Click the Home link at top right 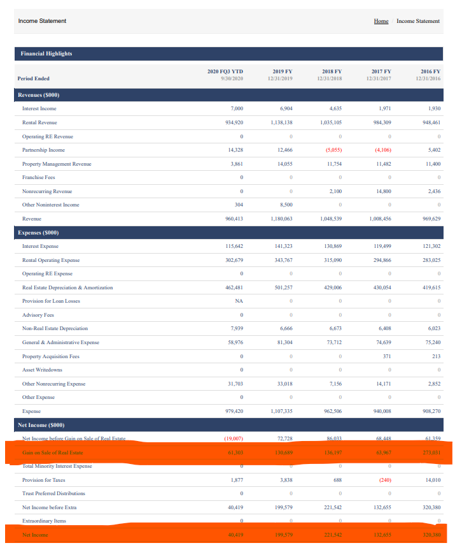pos(381,21)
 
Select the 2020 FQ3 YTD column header pos(225,75)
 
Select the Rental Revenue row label pos(39,122)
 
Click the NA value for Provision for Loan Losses pos(239,301)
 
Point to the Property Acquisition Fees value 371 pos(383,356)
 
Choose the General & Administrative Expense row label pos(60,342)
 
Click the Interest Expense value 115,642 pos(234,247)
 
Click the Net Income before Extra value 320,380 pos(430,507)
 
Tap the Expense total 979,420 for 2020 pos(234,411)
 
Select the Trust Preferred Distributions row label pos(53,493)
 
